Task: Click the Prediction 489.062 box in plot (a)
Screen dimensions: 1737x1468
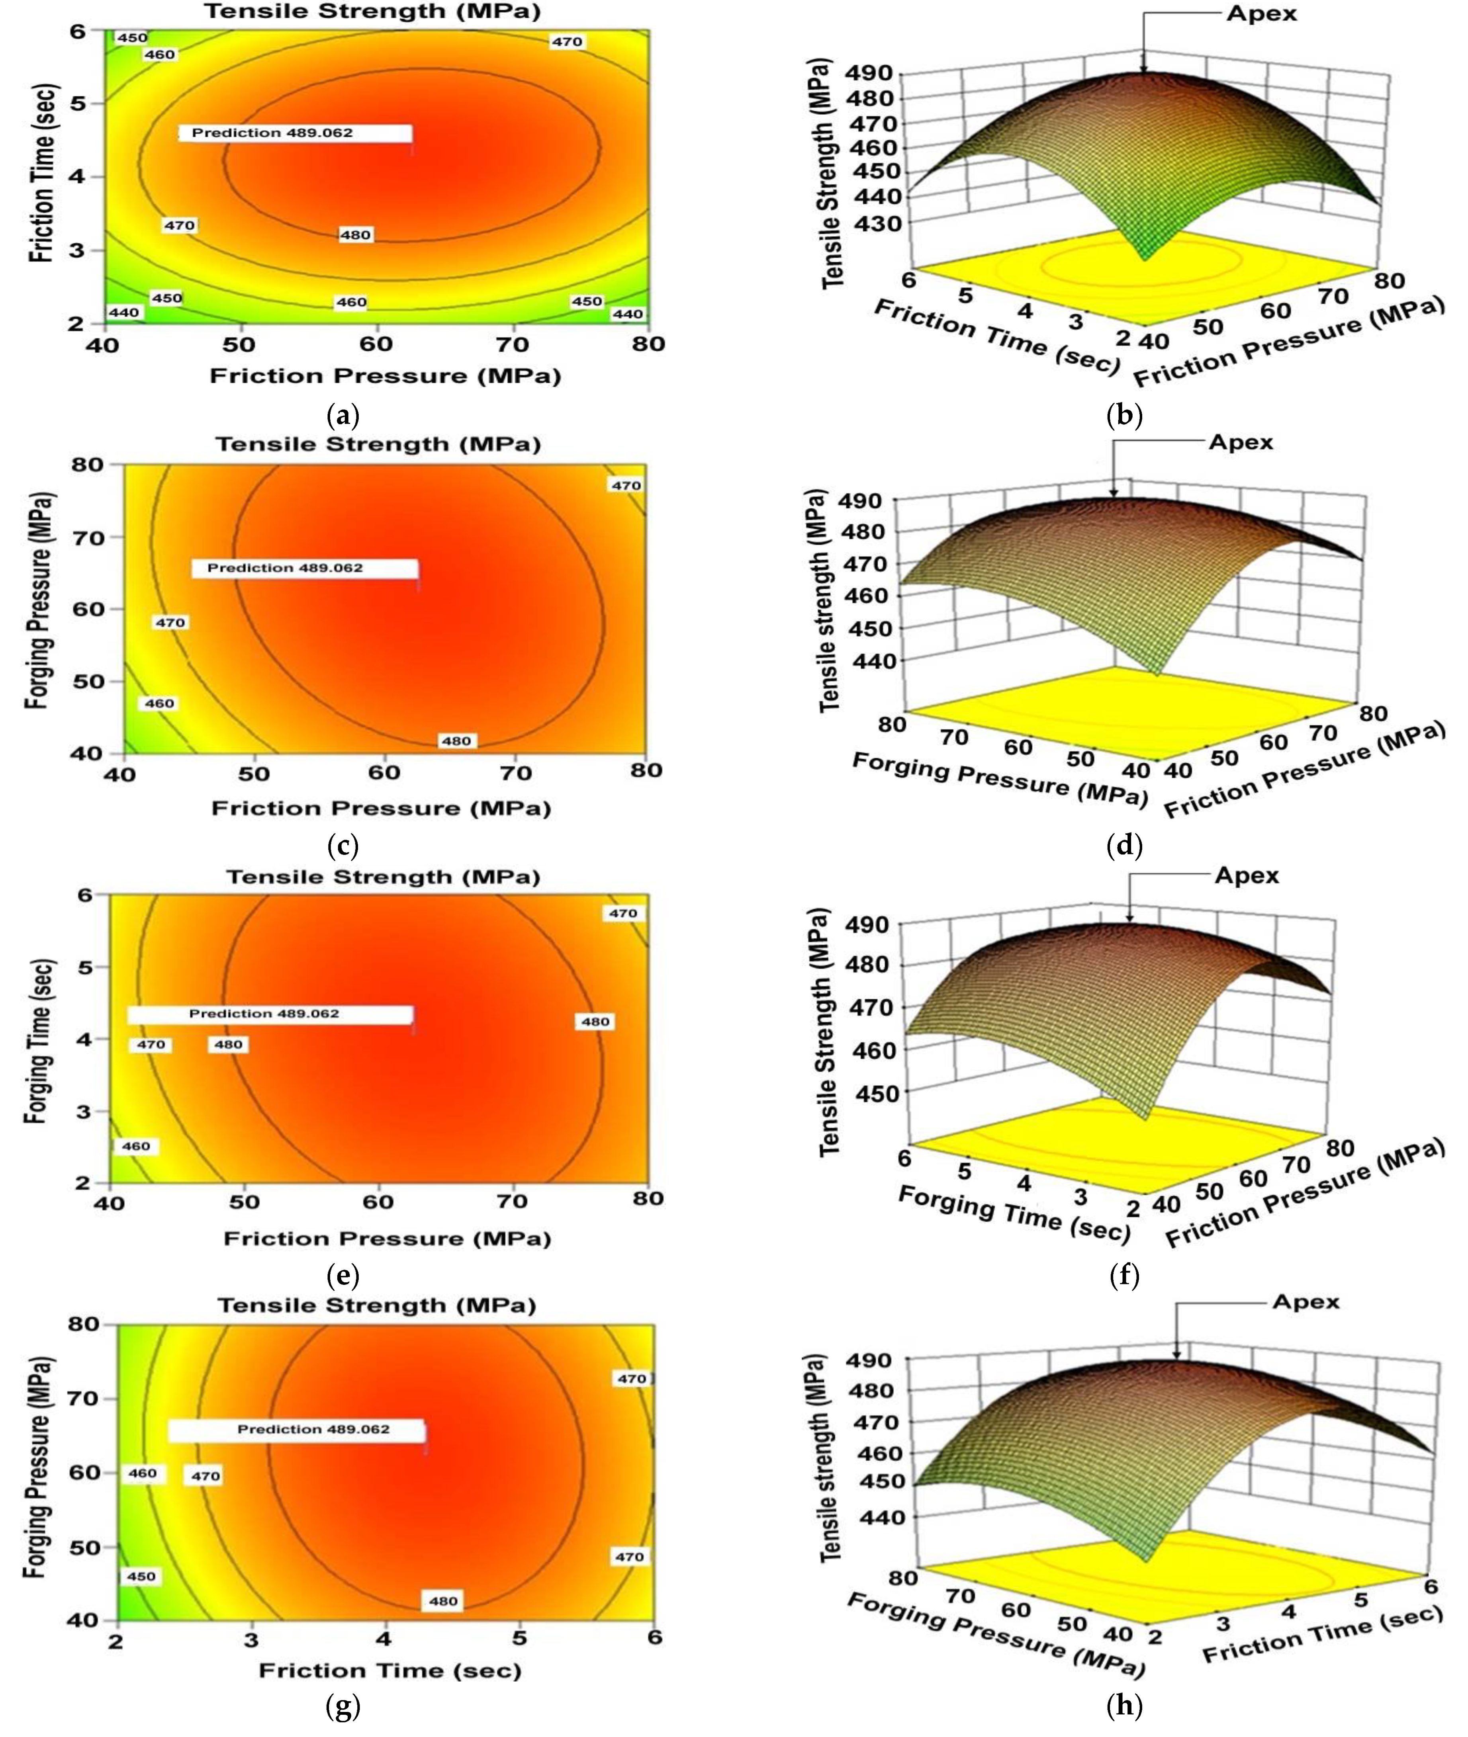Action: [x=296, y=133]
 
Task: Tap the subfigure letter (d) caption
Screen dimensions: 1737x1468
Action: [x=1125, y=845]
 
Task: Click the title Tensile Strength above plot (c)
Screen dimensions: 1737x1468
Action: [x=379, y=444]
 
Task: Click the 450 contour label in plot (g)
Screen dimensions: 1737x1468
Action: [x=141, y=1577]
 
